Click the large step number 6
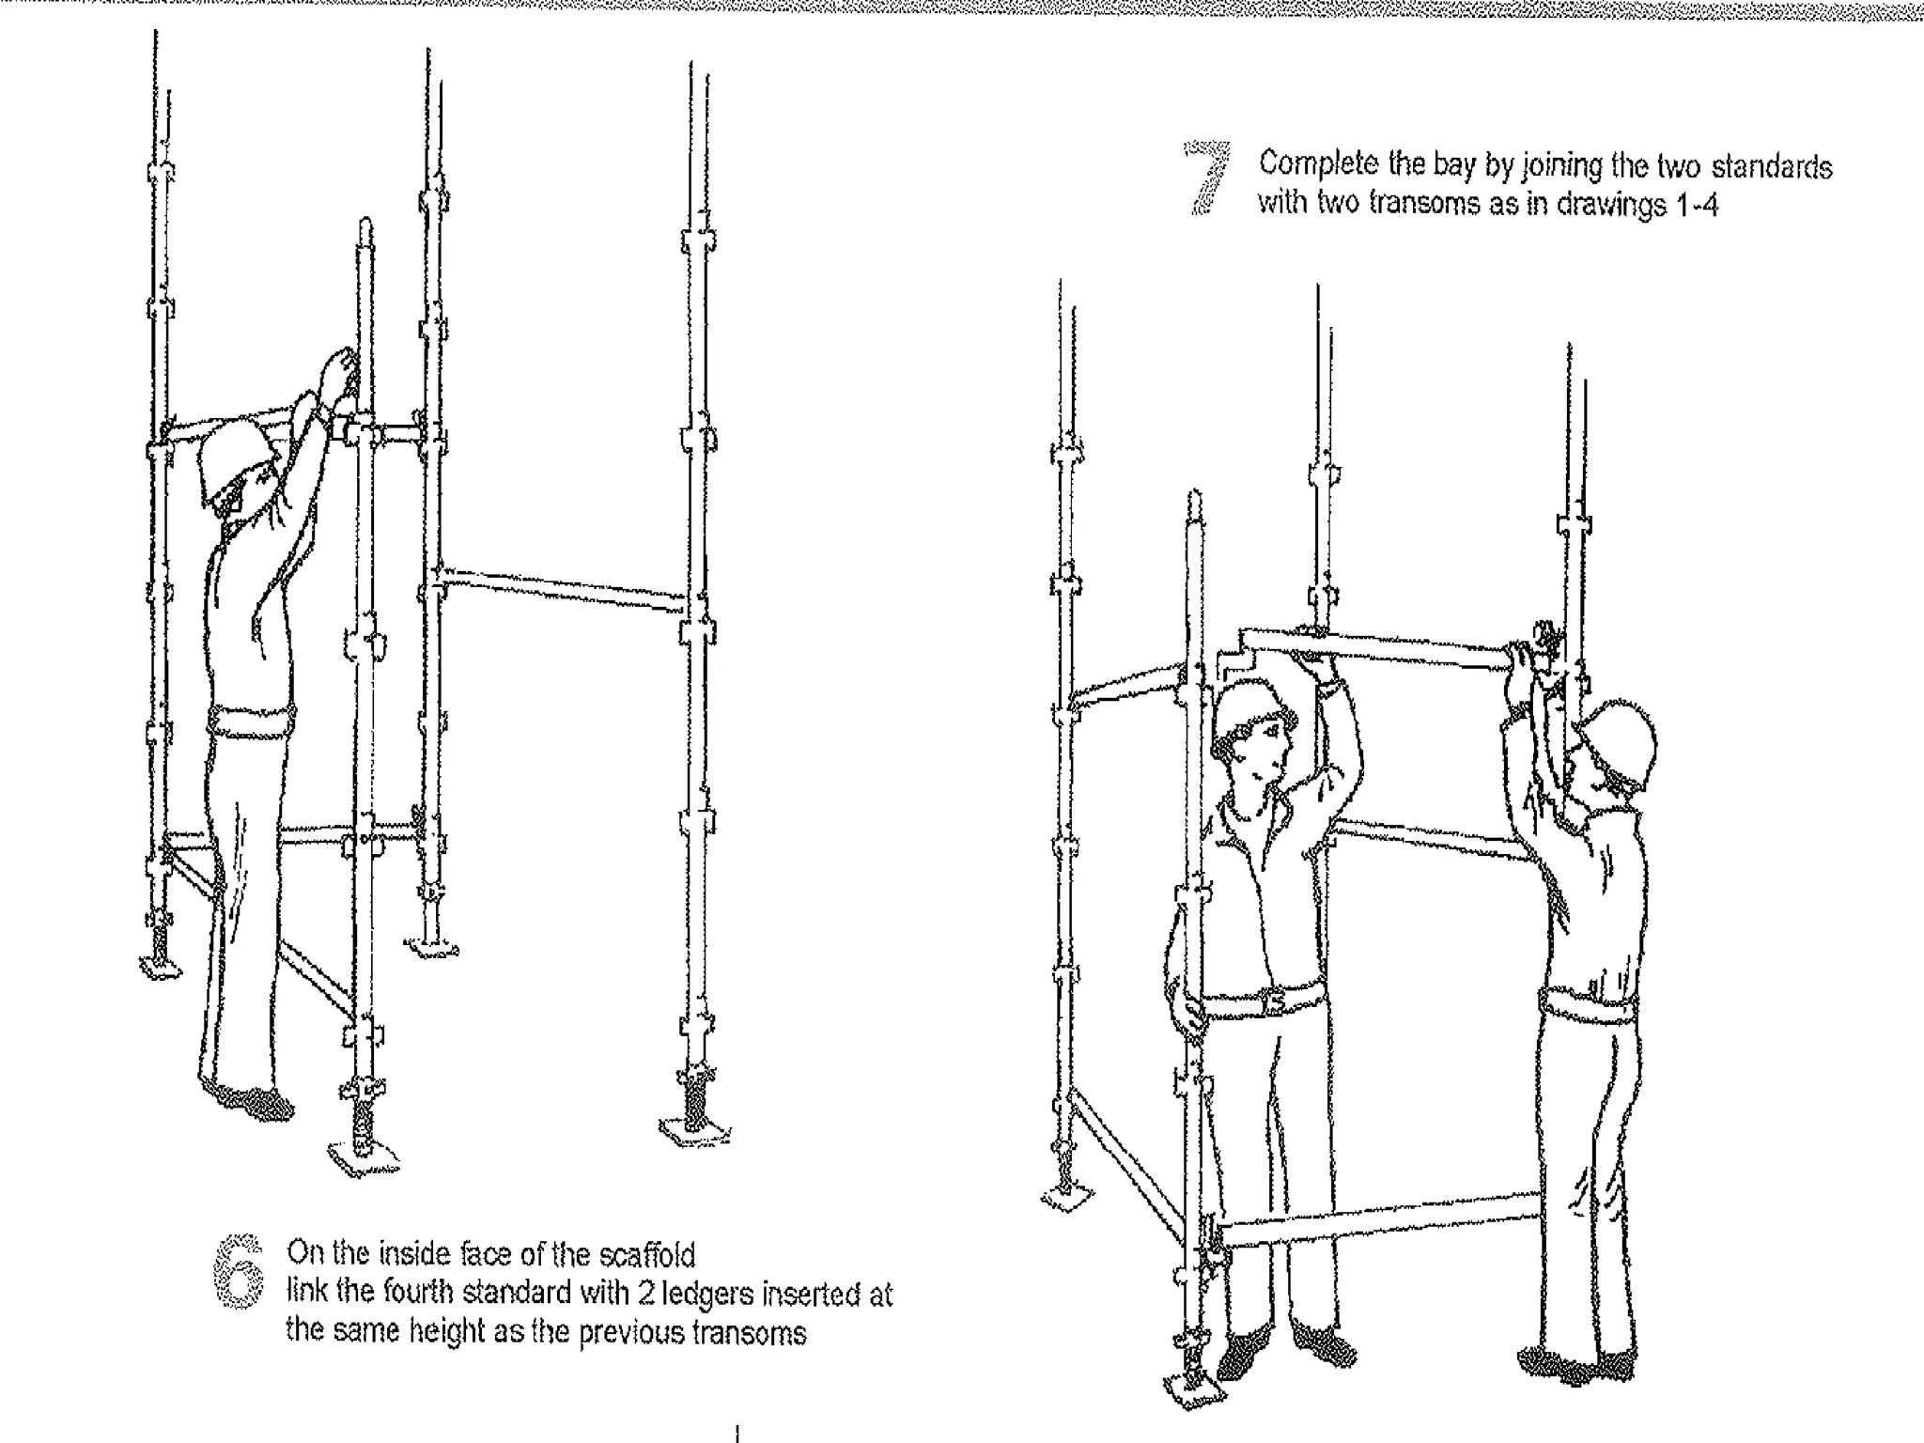coord(239,1272)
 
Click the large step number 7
coord(1208,178)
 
